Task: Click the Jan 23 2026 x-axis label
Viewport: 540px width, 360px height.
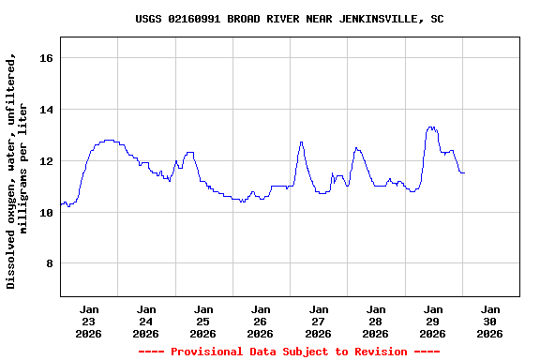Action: [89, 321]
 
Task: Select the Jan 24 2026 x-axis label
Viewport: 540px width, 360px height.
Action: [146, 321]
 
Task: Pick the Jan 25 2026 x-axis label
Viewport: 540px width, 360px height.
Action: [203, 321]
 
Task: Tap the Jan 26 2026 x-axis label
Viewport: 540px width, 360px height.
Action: [261, 321]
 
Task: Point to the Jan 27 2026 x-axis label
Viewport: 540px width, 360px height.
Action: [318, 321]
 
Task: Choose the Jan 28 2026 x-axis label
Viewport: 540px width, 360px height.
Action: [375, 321]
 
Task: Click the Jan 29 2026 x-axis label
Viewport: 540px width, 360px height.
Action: [432, 321]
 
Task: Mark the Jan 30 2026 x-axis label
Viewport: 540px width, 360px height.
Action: [489, 321]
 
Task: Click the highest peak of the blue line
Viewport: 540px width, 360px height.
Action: [431, 127]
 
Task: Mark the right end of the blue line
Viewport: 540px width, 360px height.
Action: [463, 172]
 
